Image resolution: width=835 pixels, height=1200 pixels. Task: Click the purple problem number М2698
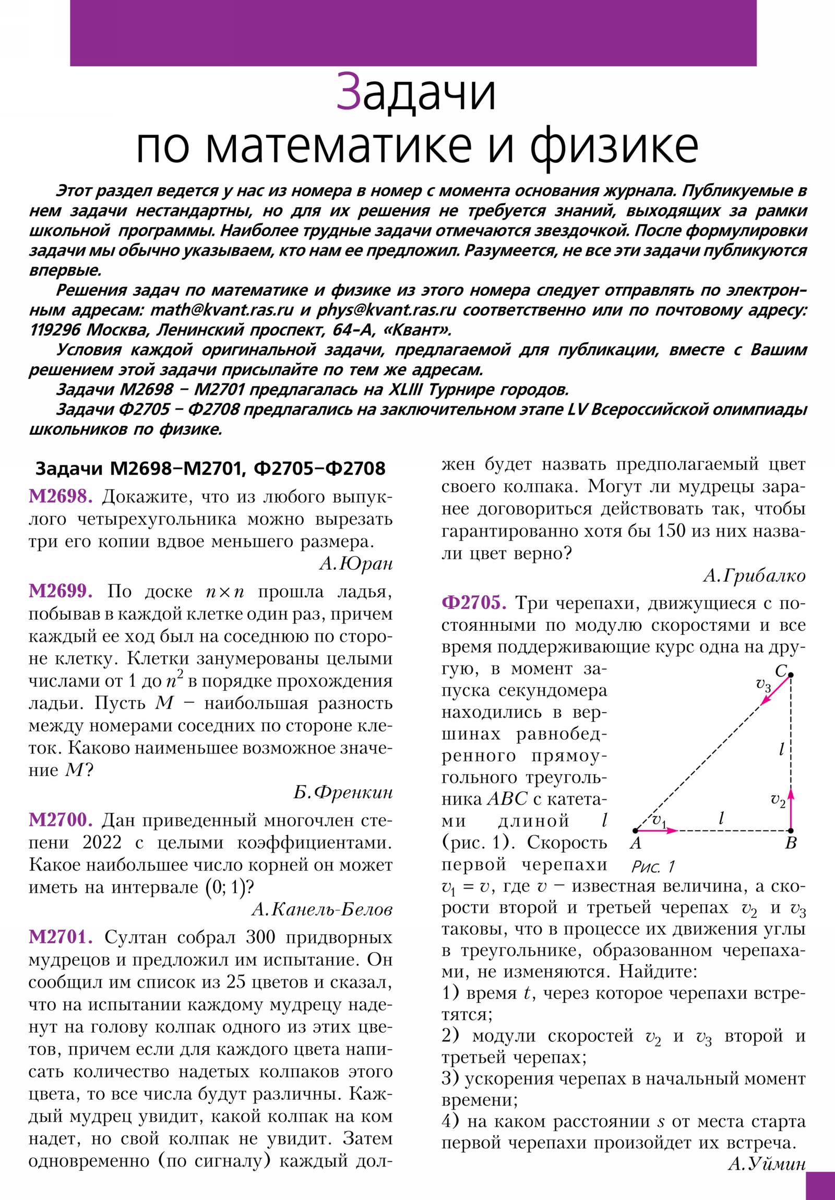click(61, 497)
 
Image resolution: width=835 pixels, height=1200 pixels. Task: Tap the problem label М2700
click(61, 820)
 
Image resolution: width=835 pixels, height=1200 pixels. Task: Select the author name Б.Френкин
click(342, 793)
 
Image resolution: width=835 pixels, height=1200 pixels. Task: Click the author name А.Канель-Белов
click(321, 909)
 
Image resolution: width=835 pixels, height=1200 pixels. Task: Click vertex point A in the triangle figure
click(635, 830)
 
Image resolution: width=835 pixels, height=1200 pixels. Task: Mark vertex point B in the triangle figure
click(791, 830)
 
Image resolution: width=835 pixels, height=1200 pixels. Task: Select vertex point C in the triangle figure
click(791, 675)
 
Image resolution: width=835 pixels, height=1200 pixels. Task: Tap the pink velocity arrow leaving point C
click(775, 690)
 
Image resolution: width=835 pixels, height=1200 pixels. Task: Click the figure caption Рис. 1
click(653, 867)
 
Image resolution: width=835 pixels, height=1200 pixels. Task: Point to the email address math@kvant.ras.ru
click(222, 310)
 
